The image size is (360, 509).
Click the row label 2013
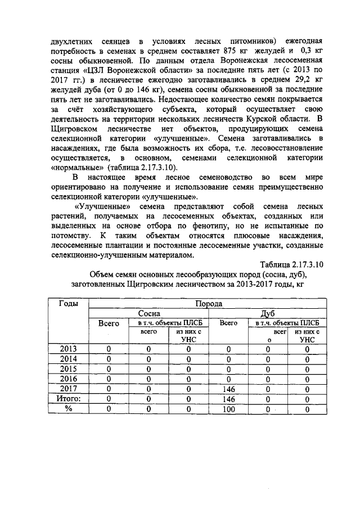pyautogui.click(x=69, y=349)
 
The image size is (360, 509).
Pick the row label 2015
pyautogui.click(x=69, y=369)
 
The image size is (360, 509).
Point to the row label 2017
pyautogui.click(x=69, y=389)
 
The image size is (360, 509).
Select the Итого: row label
pyautogui.click(x=69, y=399)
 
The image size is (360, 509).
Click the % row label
pyautogui.click(x=69, y=409)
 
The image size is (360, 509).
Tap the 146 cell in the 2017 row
pyautogui.click(x=228, y=389)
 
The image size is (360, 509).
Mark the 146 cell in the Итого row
pyautogui.click(x=228, y=399)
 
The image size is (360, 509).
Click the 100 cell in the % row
pyautogui.click(x=228, y=409)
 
